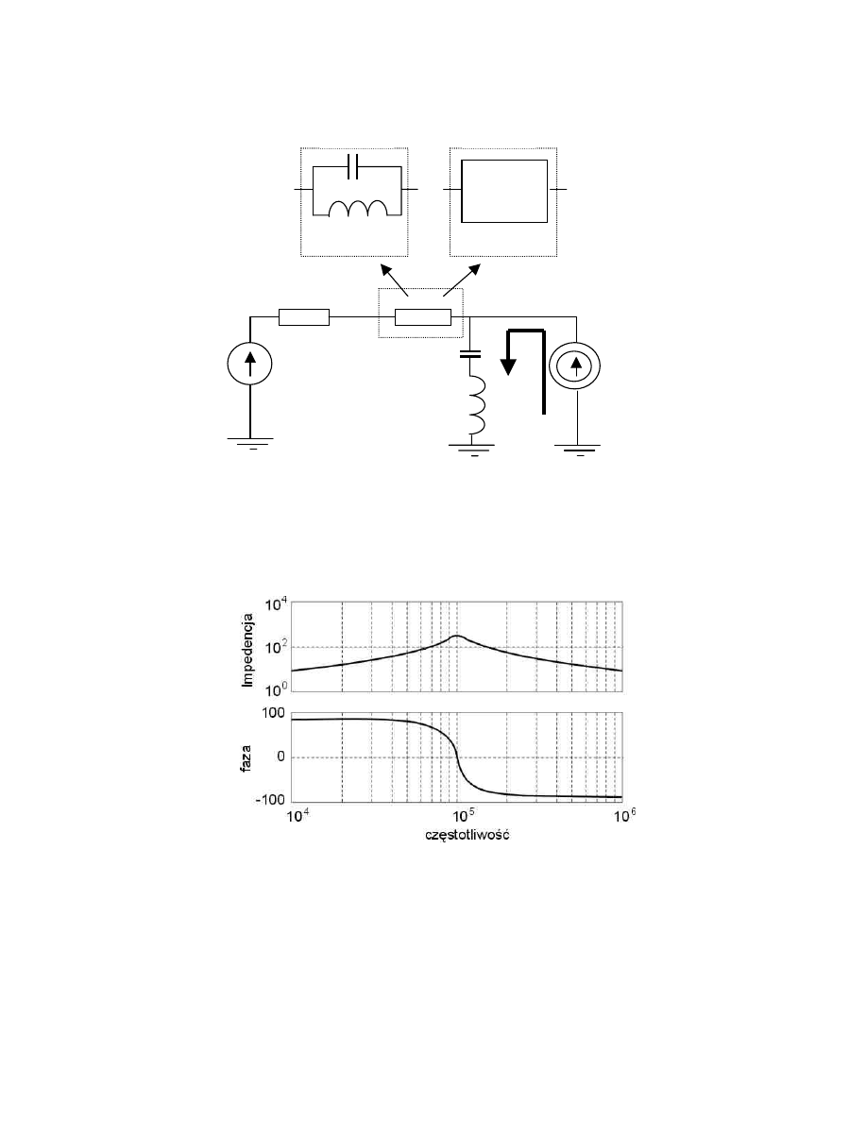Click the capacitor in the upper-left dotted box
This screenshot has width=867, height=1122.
351,167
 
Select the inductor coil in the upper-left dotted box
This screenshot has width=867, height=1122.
358,208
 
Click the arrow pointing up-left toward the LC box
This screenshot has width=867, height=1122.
394,280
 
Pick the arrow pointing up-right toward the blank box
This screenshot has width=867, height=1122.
462,280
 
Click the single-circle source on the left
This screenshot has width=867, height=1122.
249,363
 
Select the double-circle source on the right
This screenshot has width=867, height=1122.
574,365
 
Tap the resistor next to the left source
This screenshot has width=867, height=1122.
303,317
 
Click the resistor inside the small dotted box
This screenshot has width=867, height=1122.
423,317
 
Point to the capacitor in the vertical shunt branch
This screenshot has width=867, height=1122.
470,353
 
